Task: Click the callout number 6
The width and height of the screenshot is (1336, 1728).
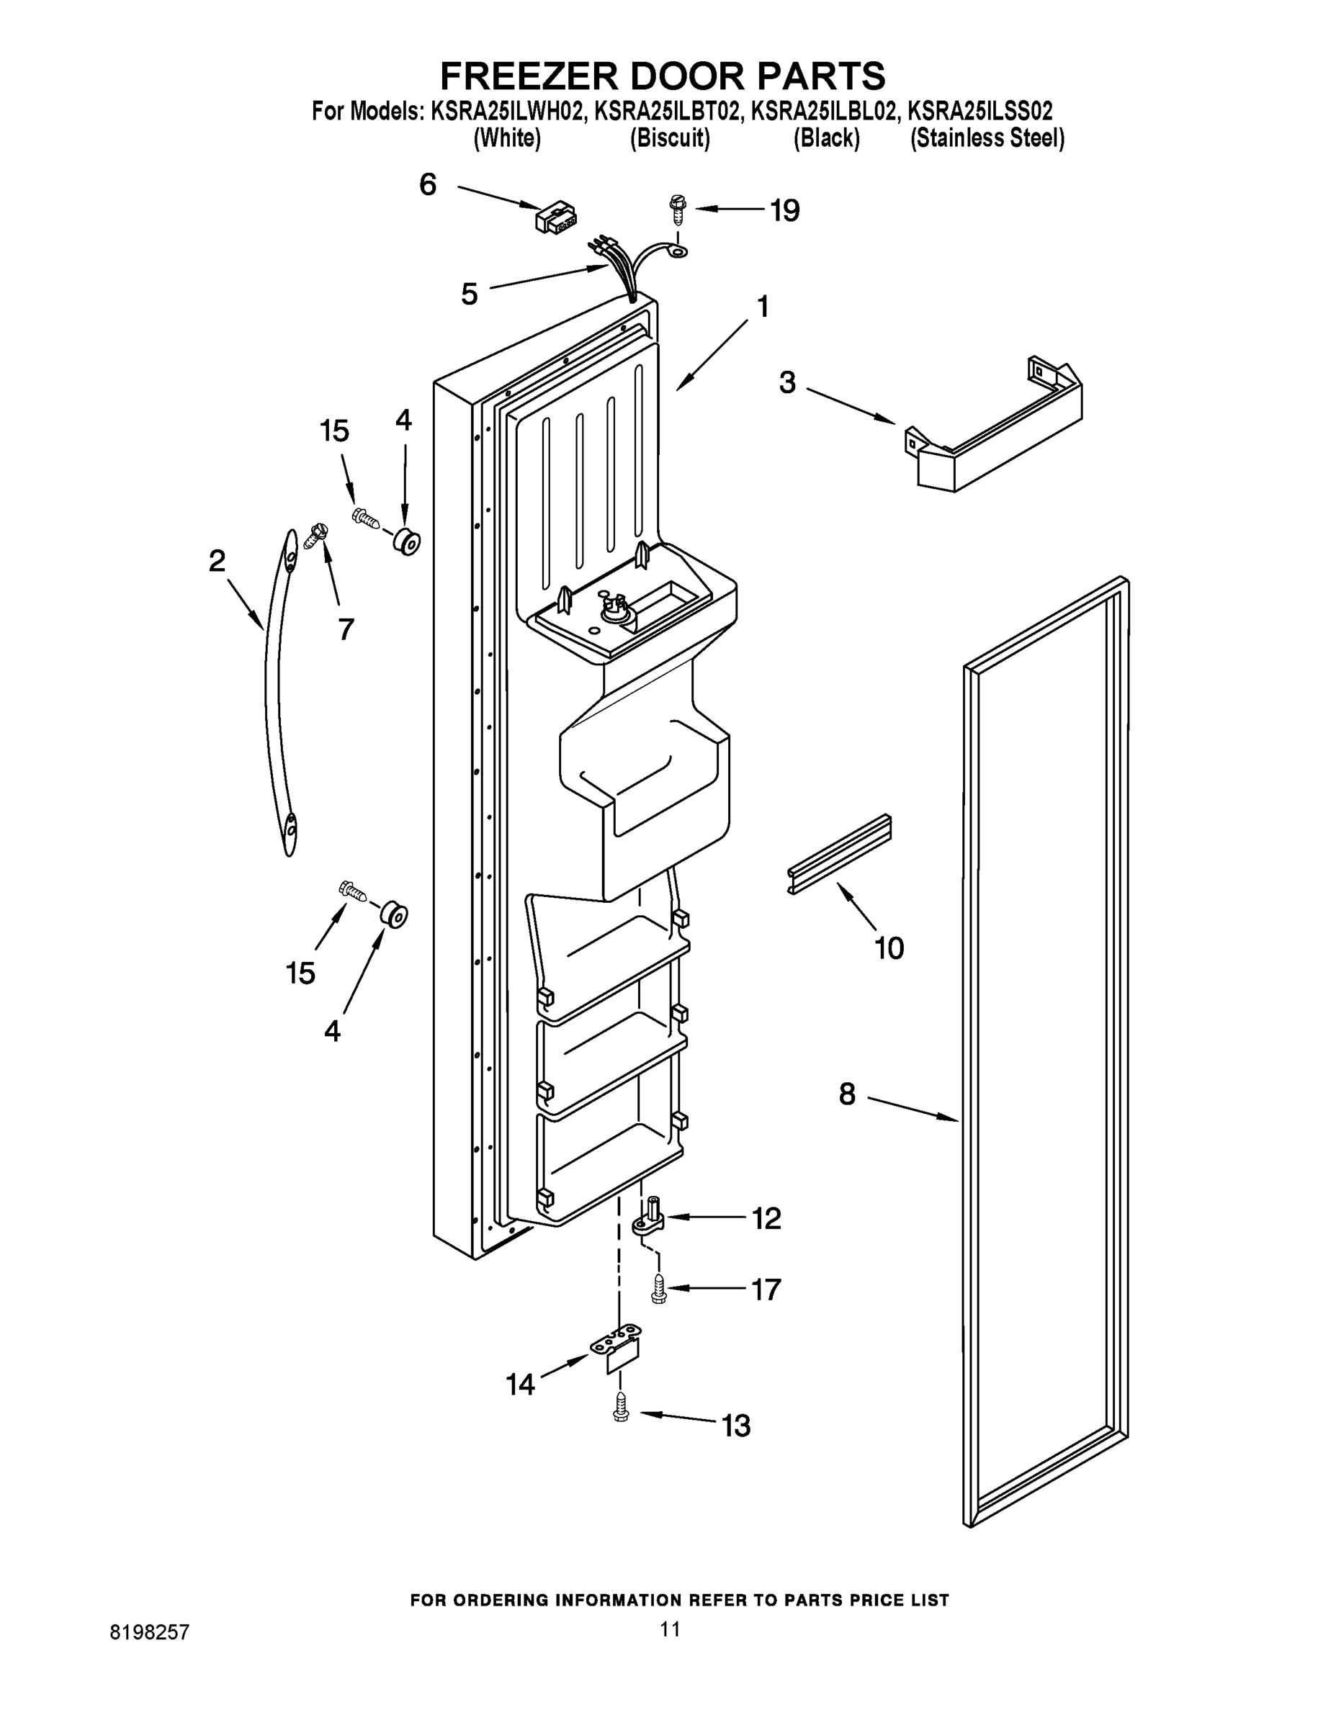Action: coord(427,185)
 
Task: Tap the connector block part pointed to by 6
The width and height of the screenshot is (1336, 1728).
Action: coord(557,216)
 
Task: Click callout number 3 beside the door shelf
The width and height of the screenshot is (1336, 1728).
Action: coord(786,383)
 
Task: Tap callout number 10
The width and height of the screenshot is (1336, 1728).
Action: coord(889,947)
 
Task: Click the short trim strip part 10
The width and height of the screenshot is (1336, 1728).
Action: coord(839,855)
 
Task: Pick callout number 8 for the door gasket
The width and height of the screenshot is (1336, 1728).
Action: coord(847,1095)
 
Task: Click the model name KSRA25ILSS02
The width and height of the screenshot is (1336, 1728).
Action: coord(979,110)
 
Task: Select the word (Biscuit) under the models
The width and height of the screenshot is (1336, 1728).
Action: coord(670,138)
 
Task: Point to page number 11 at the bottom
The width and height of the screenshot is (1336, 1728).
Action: coord(670,1629)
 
